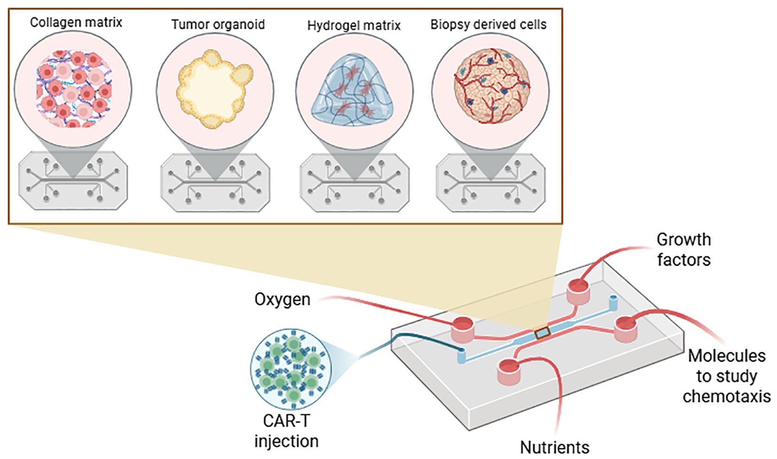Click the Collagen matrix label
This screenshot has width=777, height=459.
[76, 23]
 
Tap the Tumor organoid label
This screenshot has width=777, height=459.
[218, 24]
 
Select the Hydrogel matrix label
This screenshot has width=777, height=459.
[354, 25]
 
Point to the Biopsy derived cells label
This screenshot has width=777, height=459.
[489, 24]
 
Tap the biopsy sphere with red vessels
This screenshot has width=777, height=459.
[491, 85]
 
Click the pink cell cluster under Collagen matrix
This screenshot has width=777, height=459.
[73, 89]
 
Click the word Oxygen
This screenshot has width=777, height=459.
[282, 299]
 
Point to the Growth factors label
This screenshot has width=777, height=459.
[684, 249]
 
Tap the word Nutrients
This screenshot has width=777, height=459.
[554, 447]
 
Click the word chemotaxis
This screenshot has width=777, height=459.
[727, 397]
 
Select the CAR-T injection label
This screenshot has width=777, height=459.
[287, 431]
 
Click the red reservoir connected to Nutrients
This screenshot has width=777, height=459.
[509, 371]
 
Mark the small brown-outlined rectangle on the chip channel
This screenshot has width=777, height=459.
[542, 333]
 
